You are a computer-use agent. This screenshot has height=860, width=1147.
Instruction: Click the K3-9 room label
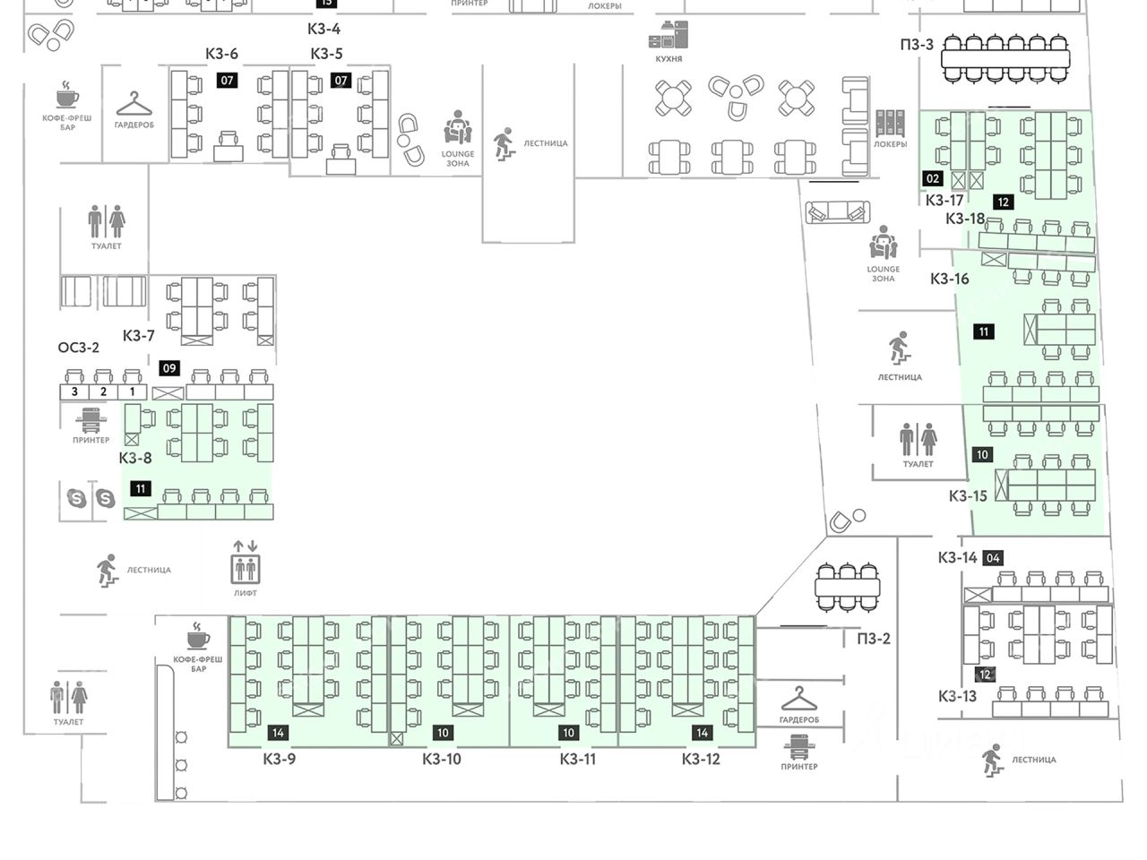pyautogui.click(x=279, y=760)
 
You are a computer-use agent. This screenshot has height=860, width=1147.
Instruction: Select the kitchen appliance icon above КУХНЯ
pyautogui.click(x=668, y=35)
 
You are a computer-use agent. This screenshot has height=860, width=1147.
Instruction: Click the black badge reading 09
pyautogui.click(x=168, y=368)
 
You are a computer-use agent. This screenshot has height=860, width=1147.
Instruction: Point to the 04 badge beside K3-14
pyautogui.click(x=992, y=558)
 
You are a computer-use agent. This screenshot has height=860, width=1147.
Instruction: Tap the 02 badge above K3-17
pyautogui.click(x=933, y=179)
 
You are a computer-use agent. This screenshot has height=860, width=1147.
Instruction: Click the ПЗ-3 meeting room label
pyautogui.click(x=917, y=45)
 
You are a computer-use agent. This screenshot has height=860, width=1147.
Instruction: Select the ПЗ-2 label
pyautogui.click(x=874, y=639)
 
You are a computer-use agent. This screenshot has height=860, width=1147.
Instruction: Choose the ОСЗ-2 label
pyautogui.click(x=79, y=348)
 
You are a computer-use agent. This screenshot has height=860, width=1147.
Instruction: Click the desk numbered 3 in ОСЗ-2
pyautogui.click(x=74, y=391)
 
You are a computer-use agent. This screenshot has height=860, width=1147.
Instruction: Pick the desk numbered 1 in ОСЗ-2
pyautogui.click(x=132, y=391)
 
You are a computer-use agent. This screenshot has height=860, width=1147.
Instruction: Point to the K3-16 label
pyautogui.click(x=949, y=279)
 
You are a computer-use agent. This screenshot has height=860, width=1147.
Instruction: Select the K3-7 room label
pyautogui.click(x=139, y=336)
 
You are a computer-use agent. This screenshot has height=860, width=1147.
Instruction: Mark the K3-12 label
pyautogui.click(x=701, y=760)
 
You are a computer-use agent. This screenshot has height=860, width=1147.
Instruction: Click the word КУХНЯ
pyautogui.click(x=668, y=59)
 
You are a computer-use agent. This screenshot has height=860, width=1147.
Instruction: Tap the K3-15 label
pyautogui.click(x=968, y=495)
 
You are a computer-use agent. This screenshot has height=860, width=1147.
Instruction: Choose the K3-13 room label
pyautogui.click(x=957, y=696)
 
